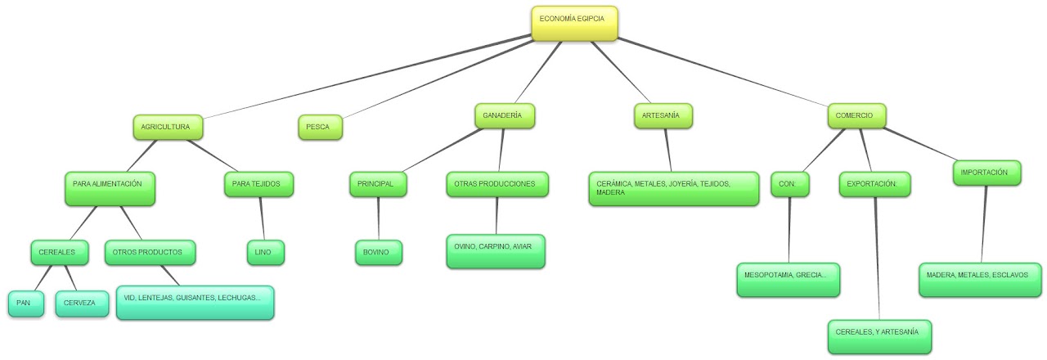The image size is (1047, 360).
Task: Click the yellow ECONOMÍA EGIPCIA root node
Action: (x=574, y=23)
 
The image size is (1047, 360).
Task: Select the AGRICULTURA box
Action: (x=167, y=128)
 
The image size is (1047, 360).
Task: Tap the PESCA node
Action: (x=319, y=128)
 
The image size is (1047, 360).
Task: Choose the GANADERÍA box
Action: (x=504, y=116)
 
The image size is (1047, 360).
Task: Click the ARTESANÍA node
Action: (x=663, y=116)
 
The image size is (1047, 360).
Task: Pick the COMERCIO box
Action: (x=856, y=116)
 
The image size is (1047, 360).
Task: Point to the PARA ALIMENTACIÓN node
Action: (x=110, y=187)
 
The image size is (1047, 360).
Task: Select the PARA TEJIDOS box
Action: (x=258, y=185)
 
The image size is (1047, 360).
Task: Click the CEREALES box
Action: (x=59, y=253)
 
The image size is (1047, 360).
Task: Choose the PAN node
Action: (x=25, y=304)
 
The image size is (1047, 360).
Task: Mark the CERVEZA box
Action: (x=82, y=304)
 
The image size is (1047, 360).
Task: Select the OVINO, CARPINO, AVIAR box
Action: (x=496, y=250)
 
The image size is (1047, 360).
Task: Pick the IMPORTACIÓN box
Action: (x=986, y=173)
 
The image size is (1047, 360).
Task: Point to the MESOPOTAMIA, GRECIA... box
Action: (x=788, y=279)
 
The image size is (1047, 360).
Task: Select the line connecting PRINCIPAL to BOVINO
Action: (x=378, y=218)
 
